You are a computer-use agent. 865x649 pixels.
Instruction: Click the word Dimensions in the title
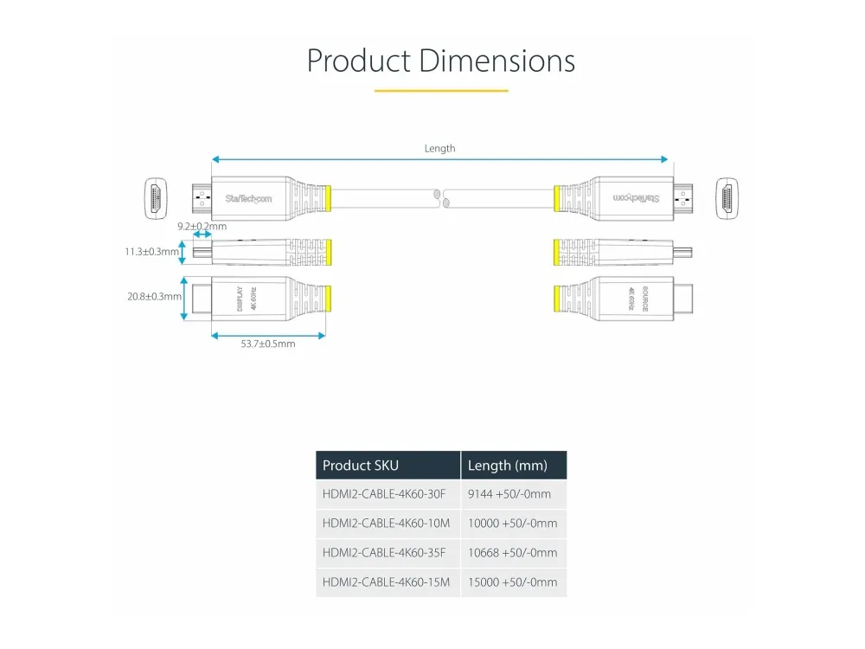coord(497,61)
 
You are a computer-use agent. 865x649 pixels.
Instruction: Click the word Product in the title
coord(358,61)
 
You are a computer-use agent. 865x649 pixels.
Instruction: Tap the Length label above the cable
coord(439,149)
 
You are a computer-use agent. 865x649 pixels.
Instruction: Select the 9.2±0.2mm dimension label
coord(202,226)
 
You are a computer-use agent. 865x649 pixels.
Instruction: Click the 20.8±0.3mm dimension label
coord(154,296)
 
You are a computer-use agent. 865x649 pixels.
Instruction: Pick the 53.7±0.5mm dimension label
coord(267,344)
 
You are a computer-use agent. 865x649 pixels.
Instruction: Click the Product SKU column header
coord(361,466)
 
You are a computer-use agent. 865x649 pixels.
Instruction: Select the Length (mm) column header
coord(508,466)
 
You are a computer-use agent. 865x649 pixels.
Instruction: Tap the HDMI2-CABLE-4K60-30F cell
coord(384,494)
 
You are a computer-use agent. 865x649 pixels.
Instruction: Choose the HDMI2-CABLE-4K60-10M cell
coord(386,524)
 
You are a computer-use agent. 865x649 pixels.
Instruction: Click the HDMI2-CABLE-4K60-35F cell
coord(384,553)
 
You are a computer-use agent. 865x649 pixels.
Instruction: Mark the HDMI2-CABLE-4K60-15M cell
coord(386,582)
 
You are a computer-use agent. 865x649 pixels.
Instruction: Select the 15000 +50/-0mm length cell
coord(512,582)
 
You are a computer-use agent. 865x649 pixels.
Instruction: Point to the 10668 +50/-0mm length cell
coord(512,553)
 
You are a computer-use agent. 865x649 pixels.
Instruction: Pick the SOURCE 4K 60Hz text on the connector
coord(638,298)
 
